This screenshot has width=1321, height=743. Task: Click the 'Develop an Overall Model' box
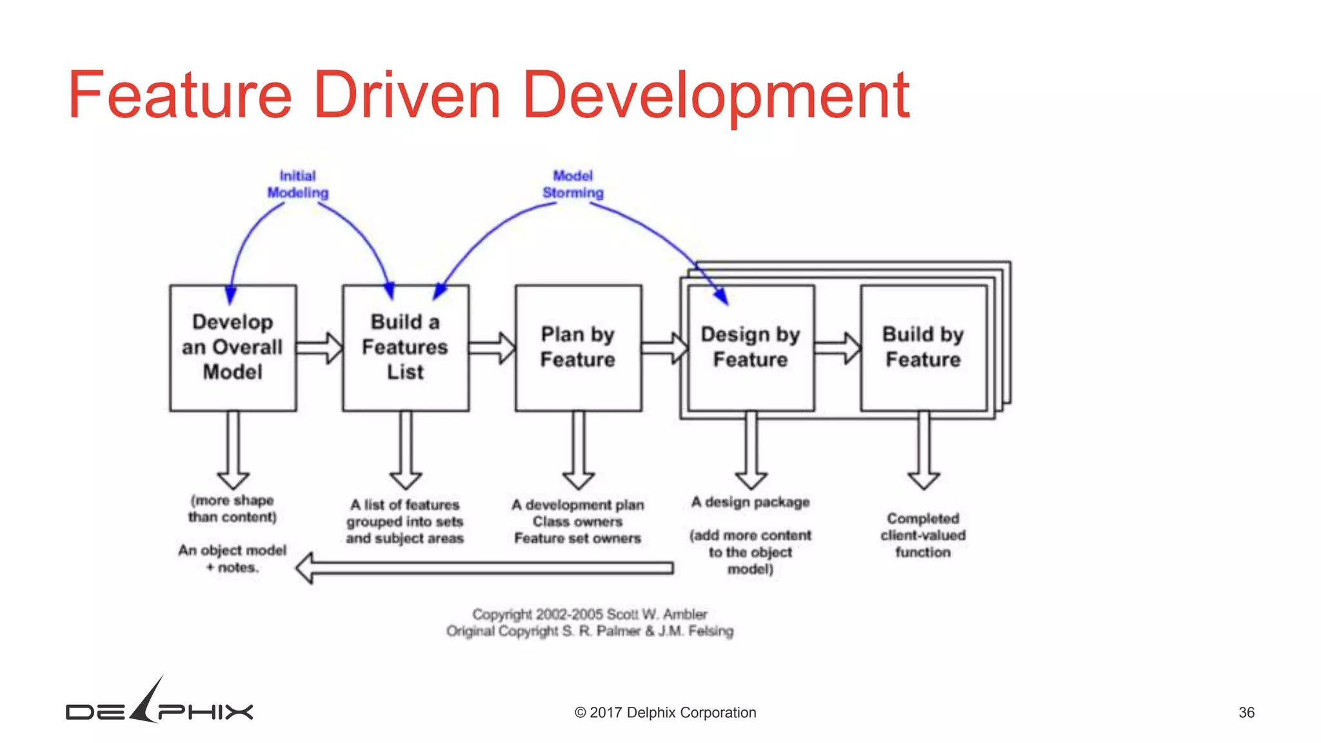click(x=233, y=348)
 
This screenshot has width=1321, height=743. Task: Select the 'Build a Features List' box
click(x=406, y=348)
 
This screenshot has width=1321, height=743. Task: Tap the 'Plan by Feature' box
click(x=578, y=348)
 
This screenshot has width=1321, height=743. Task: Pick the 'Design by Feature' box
click(x=751, y=348)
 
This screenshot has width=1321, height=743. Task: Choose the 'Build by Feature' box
click(x=923, y=348)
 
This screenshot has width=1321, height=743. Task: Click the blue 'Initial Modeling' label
click(x=298, y=184)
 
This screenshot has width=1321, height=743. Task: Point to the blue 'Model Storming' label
click(x=573, y=184)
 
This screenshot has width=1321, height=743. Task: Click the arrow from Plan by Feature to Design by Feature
click(x=665, y=348)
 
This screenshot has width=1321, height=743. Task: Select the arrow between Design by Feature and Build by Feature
click(x=837, y=348)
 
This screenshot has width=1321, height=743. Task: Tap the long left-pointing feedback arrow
click(x=484, y=568)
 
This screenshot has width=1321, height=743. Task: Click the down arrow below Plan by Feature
click(x=579, y=451)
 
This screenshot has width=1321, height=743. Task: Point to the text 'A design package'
click(x=750, y=502)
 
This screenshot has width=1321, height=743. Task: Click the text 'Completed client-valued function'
click(x=923, y=535)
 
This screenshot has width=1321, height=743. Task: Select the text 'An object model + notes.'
click(x=232, y=559)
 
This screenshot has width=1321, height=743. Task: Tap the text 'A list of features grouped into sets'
click(x=405, y=513)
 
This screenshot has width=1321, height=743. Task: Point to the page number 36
click(x=1246, y=713)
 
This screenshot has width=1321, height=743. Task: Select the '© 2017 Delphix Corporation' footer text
click(x=665, y=713)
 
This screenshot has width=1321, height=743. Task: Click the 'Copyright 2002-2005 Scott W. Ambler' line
click(x=590, y=614)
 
